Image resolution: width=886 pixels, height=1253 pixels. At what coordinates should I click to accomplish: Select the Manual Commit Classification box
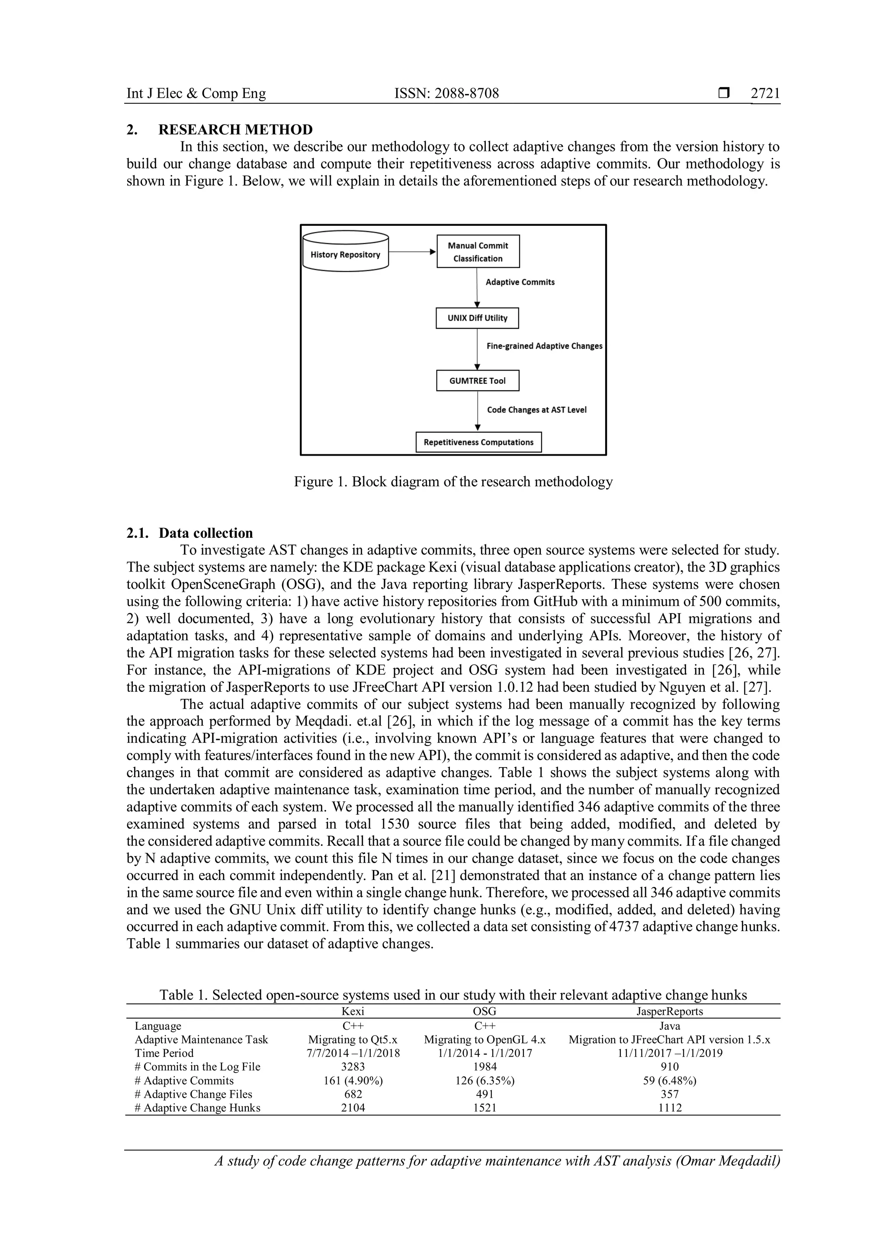click(478, 251)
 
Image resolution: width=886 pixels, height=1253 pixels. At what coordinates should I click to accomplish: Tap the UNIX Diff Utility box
click(477, 318)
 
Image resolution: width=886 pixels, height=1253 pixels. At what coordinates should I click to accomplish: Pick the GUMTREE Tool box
click(477, 381)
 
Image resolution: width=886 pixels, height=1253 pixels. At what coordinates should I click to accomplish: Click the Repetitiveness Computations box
click(478, 442)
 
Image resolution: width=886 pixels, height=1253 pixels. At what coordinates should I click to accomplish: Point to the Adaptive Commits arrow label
click(520, 282)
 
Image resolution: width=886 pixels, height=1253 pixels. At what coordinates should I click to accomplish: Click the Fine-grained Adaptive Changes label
click(544, 346)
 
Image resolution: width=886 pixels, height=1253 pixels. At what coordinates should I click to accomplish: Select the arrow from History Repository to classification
click(412, 251)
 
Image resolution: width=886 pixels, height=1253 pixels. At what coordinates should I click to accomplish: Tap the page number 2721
click(765, 93)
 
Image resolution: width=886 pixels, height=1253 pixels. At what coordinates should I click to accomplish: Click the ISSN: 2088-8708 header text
click(446, 93)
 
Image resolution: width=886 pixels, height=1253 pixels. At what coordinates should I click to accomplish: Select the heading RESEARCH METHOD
click(235, 130)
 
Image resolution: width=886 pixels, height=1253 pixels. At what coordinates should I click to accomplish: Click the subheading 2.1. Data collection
click(190, 533)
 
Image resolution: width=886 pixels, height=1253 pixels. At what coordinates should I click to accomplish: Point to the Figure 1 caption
click(453, 482)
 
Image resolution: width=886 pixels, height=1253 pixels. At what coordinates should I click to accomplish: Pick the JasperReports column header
click(669, 1011)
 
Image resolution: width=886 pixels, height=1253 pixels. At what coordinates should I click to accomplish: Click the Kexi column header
click(353, 1011)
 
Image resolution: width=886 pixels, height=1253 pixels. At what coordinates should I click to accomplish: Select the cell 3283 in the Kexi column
click(353, 1067)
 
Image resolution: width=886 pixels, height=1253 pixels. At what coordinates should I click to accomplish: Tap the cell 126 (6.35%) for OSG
click(485, 1080)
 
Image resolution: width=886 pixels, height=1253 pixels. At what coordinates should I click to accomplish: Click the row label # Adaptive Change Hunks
click(198, 1108)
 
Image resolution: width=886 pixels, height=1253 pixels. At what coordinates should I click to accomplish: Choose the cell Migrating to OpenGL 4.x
click(485, 1040)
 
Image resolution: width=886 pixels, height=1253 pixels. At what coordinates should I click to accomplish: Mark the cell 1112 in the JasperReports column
click(669, 1108)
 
